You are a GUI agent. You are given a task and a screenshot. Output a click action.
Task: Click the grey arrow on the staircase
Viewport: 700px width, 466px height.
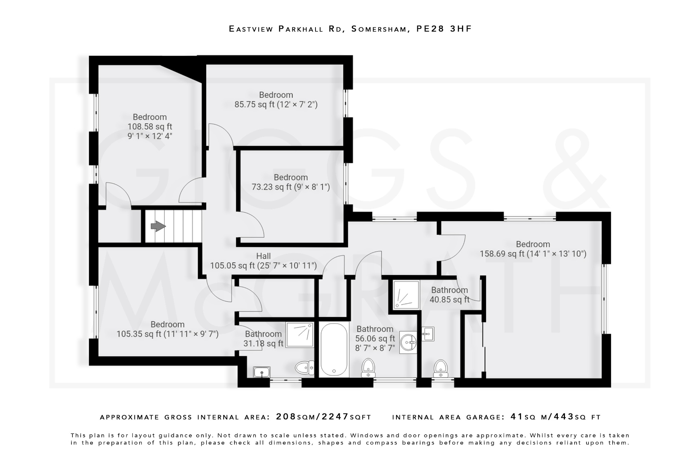click(x=158, y=226)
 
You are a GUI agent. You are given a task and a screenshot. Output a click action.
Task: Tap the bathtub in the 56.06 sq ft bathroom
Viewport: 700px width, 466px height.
click(x=334, y=349)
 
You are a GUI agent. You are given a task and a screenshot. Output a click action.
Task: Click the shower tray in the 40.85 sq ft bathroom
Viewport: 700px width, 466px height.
click(x=406, y=295)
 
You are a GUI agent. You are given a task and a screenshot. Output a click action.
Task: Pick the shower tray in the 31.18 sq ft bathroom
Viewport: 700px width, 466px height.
click(x=300, y=335)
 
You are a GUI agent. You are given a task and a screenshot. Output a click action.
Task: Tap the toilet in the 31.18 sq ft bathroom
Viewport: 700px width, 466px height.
click(x=305, y=368)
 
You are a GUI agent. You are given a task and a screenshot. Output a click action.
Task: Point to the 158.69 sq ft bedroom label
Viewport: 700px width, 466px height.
click(x=533, y=249)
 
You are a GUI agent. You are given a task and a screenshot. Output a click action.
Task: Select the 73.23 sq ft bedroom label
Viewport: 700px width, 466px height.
click(x=291, y=182)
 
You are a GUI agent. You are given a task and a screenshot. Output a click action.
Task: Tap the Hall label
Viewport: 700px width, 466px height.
click(x=263, y=256)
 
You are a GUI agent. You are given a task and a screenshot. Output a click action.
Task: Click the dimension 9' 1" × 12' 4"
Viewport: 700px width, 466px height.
click(x=150, y=136)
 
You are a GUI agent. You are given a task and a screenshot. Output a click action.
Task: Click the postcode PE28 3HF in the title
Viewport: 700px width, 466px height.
click(x=444, y=29)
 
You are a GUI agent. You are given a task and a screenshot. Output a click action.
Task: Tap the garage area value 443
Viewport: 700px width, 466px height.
click(x=563, y=417)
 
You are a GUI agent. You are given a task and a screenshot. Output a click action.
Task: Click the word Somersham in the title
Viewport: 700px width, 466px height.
click(x=380, y=29)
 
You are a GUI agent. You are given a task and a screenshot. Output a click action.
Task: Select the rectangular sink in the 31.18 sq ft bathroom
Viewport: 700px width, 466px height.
click(x=262, y=372)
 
